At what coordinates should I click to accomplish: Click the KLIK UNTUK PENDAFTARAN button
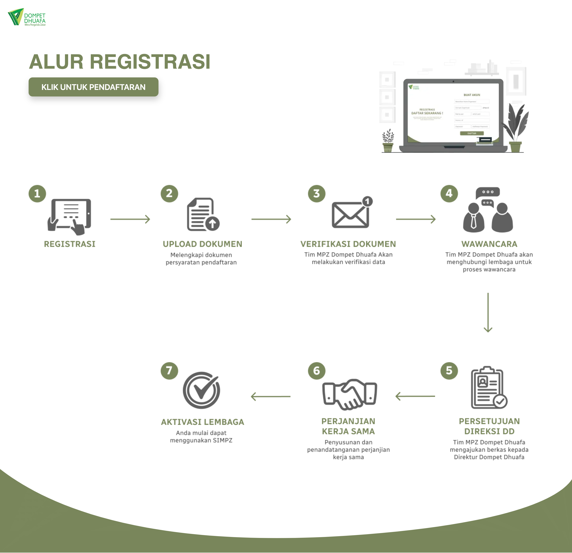(93, 87)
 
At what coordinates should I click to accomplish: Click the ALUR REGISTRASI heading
(120, 62)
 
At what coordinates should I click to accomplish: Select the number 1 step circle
(37, 193)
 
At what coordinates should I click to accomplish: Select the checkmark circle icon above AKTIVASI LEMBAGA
(201, 390)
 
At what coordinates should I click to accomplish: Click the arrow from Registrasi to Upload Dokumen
(130, 219)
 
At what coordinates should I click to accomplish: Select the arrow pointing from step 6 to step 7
(271, 396)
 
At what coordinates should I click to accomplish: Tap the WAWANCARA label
(489, 244)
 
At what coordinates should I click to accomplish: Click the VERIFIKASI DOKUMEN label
(348, 244)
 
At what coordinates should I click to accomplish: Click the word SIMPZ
(222, 440)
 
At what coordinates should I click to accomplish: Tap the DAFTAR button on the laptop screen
(472, 133)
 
